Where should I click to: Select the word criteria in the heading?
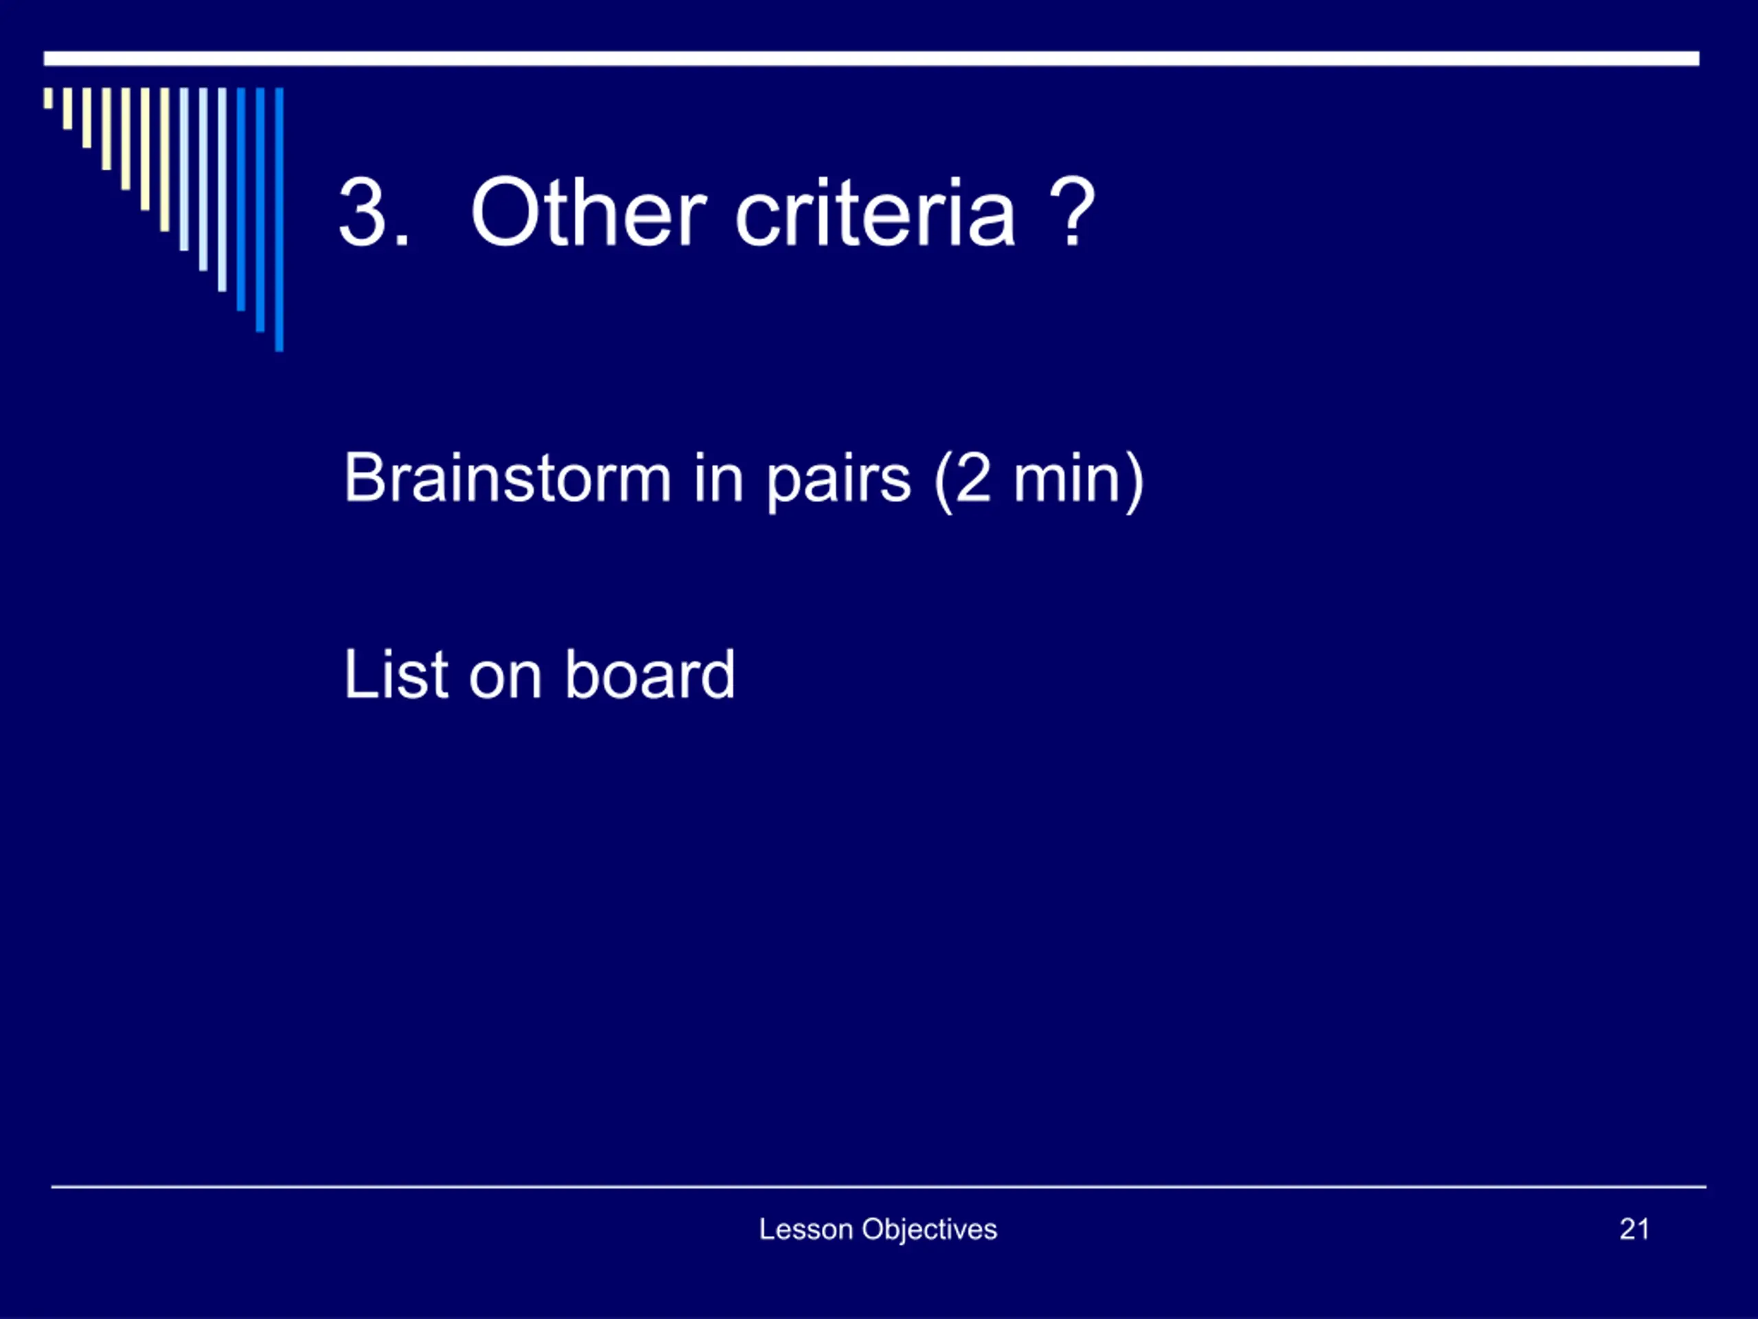[875, 212]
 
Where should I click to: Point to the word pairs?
[838, 481]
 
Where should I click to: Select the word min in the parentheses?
[1067, 479]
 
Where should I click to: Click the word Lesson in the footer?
[806, 1229]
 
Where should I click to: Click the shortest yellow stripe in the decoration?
[49, 98]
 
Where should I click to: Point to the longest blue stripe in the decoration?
[279, 218]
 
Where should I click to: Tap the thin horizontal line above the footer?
[878, 1187]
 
